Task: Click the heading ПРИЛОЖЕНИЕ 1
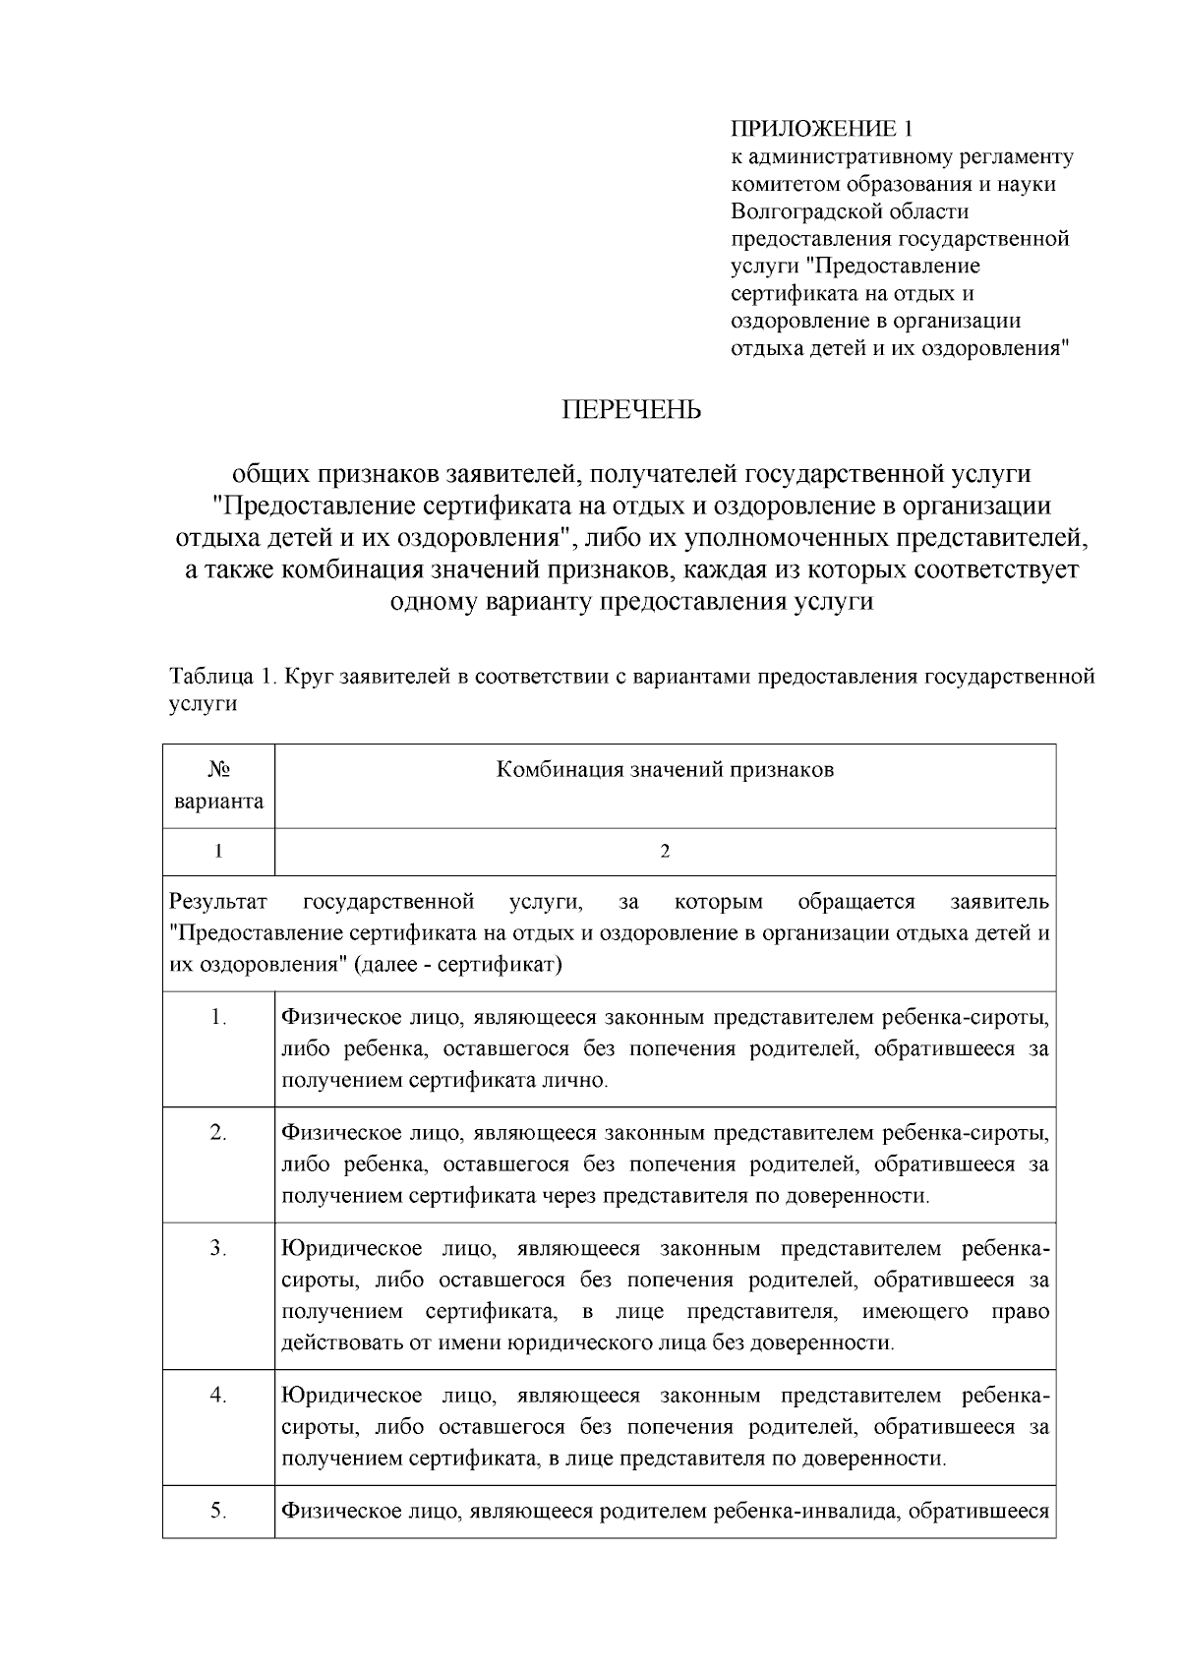822,129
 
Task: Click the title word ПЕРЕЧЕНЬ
631,410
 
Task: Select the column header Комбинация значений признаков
665,770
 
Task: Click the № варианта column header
218,786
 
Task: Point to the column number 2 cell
665,852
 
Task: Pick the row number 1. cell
218,1018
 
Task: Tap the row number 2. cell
218,1133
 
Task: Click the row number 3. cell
218,1249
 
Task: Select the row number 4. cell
218,1396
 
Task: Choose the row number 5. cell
218,1512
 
